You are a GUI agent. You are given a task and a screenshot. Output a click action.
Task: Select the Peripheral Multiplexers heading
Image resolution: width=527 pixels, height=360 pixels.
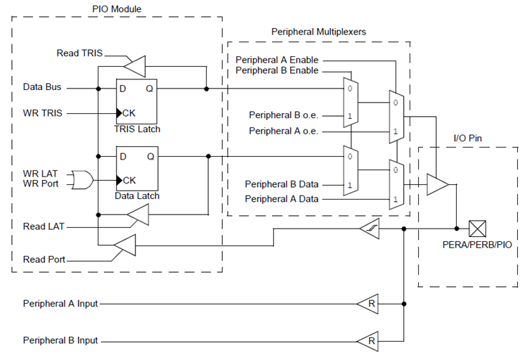tap(318, 32)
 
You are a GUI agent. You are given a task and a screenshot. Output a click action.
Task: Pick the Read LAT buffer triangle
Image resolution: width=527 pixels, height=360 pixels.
tap(138, 219)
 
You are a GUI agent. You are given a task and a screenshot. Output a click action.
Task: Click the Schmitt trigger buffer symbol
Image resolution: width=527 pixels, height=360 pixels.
tap(370, 229)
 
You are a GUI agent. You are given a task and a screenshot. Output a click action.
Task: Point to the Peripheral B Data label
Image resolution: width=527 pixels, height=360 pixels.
tap(282, 184)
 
